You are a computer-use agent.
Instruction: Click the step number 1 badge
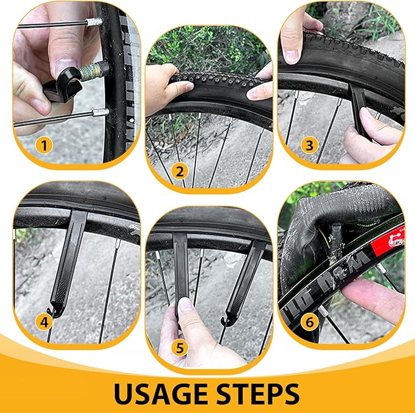43,145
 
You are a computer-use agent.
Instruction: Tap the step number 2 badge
178,172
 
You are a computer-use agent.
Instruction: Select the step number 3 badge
311,145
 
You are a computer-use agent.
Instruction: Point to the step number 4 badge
43,320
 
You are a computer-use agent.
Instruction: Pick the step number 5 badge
180,348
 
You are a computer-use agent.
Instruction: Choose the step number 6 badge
311,320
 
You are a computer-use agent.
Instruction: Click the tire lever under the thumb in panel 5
182,269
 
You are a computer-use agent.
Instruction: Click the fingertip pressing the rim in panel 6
367,293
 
